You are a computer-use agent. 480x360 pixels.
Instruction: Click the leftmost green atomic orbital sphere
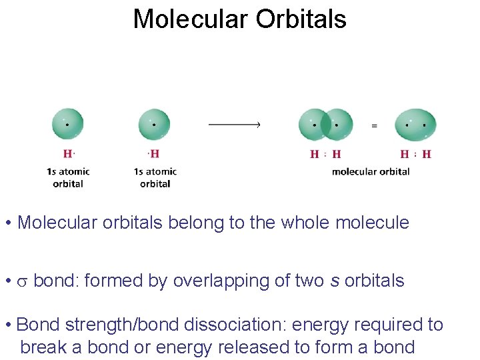pyautogui.click(x=68, y=124)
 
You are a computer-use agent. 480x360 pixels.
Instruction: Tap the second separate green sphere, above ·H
pyautogui.click(x=154, y=125)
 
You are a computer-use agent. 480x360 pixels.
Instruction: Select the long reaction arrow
pyautogui.click(x=234, y=124)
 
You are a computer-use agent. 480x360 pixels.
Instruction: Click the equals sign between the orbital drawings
pyautogui.click(x=374, y=125)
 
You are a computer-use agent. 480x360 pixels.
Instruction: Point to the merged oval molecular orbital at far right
pyautogui.click(x=415, y=125)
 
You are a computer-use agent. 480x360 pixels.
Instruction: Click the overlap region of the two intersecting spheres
pyautogui.click(x=327, y=125)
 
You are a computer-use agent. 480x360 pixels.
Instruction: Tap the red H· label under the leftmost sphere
pyautogui.click(x=68, y=154)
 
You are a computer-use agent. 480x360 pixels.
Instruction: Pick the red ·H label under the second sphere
pyautogui.click(x=153, y=154)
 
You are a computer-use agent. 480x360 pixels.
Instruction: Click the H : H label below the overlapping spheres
pyautogui.click(x=326, y=154)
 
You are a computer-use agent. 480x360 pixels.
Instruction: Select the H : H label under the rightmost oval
pyautogui.click(x=415, y=154)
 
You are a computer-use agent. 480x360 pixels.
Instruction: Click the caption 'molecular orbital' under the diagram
pyautogui.click(x=371, y=171)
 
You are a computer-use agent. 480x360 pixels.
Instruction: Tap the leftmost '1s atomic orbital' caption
pyautogui.click(x=68, y=177)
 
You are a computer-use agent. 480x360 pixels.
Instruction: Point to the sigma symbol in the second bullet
pyautogui.click(x=22, y=281)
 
